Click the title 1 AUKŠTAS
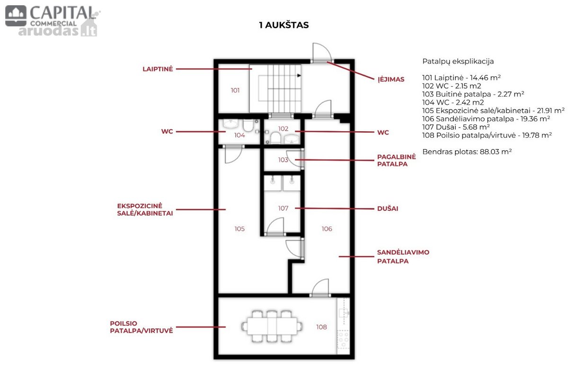tap(284, 25)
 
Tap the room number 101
tap(235, 90)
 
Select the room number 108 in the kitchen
tap(321, 327)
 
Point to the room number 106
tap(327, 229)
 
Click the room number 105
tap(240, 229)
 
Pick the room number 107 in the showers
tap(283, 208)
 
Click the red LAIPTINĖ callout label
tap(158, 69)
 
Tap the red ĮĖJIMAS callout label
tap(391, 79)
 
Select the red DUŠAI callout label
tap(388, 208)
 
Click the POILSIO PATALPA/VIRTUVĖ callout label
tap(142, 327)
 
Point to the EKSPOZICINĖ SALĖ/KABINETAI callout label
tap(145, 209)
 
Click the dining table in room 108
tap(272, 326)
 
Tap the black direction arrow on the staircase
tap(299, 75)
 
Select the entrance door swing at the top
tap(322, 52)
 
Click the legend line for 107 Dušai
tap(456, 127)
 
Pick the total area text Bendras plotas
tap(467, 152)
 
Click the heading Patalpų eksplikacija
tap(458, 62)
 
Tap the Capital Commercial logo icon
tap(16, 16)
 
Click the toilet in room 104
tap(248, 125)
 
